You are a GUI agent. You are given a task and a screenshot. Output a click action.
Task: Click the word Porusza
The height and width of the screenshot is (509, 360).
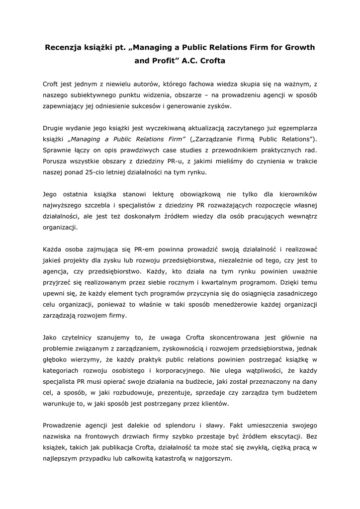tap(56, 161)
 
